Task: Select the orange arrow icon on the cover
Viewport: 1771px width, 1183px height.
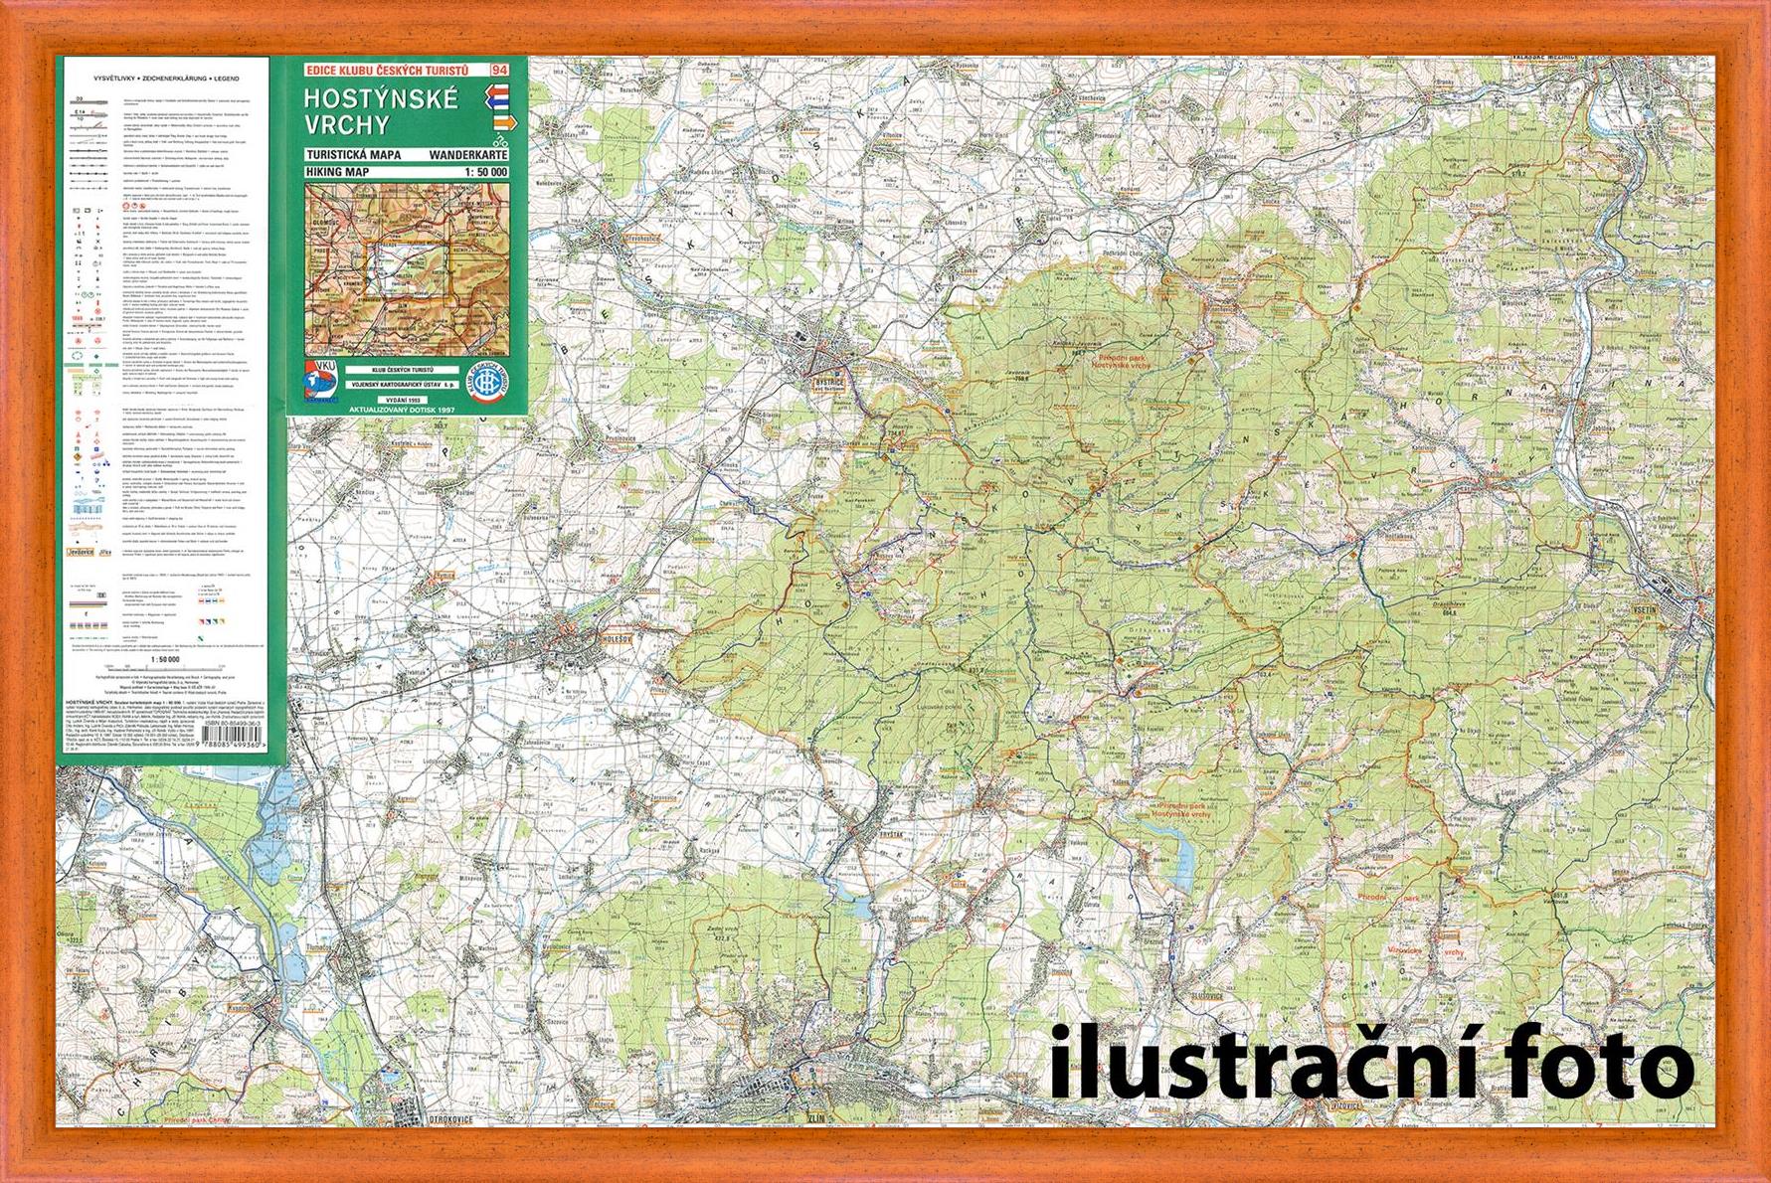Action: pos(504,121)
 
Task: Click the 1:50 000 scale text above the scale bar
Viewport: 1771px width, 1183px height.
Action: pos(164,658)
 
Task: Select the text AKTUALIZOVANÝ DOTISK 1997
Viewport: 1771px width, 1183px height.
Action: pos(408,409)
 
